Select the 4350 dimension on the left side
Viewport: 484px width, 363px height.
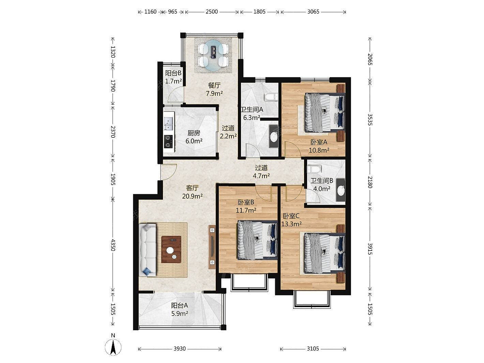[113, 245]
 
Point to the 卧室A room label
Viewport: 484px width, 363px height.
[319, 142]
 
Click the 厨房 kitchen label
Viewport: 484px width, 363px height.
[194, 133]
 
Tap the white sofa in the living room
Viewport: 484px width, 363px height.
[148, 250]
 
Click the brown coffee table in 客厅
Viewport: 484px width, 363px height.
[171, 249]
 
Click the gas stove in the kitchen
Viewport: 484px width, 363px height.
[169, 141]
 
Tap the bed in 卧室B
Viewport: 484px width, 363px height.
[257, 240]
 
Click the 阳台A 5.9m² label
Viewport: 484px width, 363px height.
[180, 309]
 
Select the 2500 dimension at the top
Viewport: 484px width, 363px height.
[212, 12]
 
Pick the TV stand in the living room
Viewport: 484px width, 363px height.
[212, 247]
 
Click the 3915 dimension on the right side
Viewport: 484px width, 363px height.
[370, 249]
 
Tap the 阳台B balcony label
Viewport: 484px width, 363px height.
[173, 73]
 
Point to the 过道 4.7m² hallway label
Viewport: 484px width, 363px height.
[261, 172]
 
